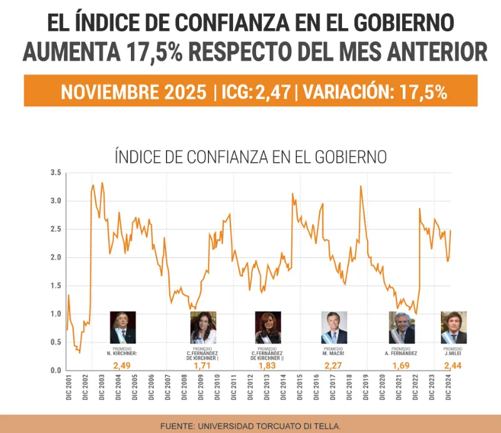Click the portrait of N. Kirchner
tap(123, 327)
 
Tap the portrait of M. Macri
tap(334, 327)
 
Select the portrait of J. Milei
tap(453, 327)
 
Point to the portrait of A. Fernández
tap(401, 327)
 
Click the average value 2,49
tap(121, 365)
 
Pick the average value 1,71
tap(202, 365)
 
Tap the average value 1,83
tap(267, 365)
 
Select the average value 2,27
tap(333, 365)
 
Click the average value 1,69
tap(401, 365)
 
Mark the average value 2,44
tap(452, 365)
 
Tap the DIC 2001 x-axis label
tap(68, 387)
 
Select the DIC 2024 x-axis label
tap(448, 387)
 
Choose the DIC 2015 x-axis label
tap(300, 387)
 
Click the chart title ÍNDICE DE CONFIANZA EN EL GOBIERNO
tap(250, 156)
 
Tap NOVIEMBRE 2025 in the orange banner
tap(133, 92)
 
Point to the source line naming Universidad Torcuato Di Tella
tap(250, 425)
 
